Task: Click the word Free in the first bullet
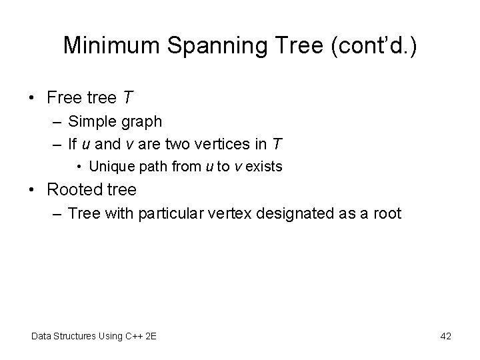coord(64,98)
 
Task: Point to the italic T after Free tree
coord(127,98)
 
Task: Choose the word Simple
coord(91,121)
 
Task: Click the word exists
coord(266,166)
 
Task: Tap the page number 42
coord(445,336)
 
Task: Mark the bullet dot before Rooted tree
coord(33,190)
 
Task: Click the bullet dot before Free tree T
coord(33,98)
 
